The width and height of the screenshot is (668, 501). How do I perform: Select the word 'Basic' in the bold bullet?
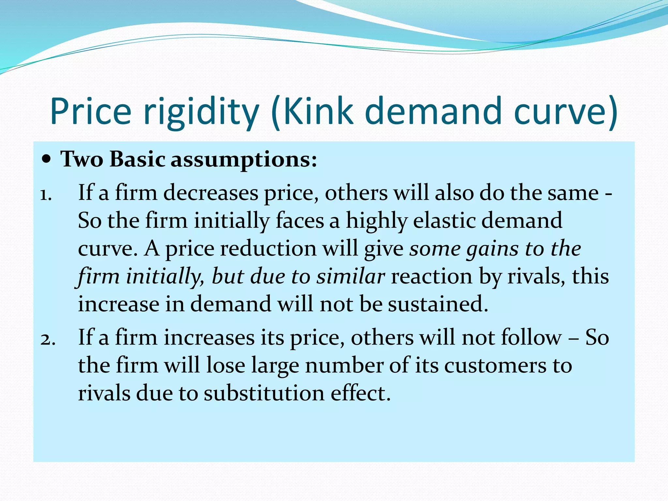click(x=137, y=159)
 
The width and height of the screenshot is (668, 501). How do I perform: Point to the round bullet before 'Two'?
click(x=47, y=160)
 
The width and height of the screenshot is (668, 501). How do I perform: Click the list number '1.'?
click(x=46, y=195)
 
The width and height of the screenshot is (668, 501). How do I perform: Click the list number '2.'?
click(x=48, y=340)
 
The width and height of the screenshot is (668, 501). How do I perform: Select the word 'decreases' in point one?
click(x=210, y=193)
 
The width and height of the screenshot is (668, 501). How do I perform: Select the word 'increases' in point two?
click(x=209, y=337)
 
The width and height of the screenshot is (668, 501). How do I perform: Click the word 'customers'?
click(x=495, y=365)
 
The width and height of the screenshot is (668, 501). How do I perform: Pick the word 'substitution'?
click(x=264, y=393)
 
